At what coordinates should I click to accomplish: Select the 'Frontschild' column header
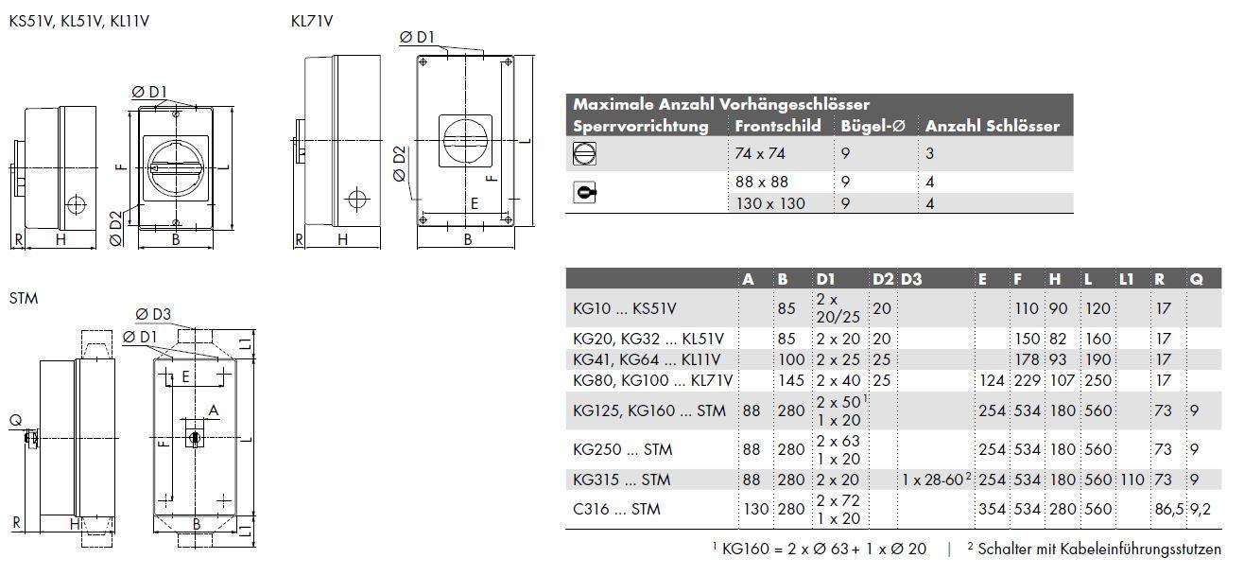(778, 126)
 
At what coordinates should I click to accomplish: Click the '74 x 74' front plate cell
(760, 153)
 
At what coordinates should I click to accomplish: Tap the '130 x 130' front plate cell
(770, 203)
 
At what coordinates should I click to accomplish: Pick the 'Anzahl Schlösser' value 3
(930, 153)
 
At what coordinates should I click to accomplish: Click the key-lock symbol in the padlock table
(585, 193)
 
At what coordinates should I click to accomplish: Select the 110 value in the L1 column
(1130, 480)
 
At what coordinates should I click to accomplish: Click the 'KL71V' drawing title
(312, 21)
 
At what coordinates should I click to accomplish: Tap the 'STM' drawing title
(23, 298)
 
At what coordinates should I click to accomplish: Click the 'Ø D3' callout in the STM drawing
(152, 314)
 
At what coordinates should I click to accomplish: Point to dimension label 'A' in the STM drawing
(214, 410)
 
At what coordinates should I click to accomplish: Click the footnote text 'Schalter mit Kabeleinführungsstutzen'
(1099, 550)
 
